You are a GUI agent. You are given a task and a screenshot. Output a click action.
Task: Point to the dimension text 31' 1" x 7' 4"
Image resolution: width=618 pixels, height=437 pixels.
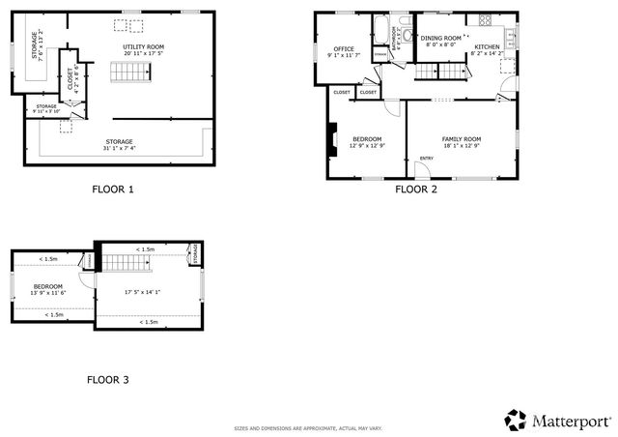[x=119, y=149]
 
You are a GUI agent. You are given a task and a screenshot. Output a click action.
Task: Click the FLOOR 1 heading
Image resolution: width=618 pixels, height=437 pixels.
[x=112, y=189]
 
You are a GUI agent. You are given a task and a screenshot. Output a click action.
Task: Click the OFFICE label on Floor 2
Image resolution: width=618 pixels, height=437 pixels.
[x=344, y=48]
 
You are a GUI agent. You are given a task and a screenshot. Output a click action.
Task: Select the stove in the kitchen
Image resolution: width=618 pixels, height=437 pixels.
[x=481, y=21]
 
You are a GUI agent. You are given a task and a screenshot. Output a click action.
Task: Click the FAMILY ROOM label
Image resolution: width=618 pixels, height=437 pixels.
[x=461, y=139]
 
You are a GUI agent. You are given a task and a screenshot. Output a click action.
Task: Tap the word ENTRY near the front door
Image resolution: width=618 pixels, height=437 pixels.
[x=426, y=159]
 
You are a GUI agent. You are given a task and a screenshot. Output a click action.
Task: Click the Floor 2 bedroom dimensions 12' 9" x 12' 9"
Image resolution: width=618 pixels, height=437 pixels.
[x=367, y=146]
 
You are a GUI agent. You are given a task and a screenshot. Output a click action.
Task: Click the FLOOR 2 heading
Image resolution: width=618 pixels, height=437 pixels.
[x=416, y=189]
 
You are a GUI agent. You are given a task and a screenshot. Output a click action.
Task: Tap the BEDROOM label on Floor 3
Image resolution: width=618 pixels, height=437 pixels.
[x=48, y=286]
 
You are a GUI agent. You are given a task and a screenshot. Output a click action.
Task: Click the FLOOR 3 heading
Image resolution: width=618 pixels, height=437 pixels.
[x=108, y=380]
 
